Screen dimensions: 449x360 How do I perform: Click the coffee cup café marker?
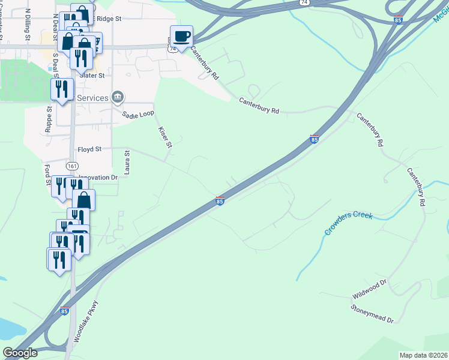tap(182, 36)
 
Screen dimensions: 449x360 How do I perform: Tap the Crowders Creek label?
tap(349, 223)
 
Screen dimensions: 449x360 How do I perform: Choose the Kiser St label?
tap(165, 137)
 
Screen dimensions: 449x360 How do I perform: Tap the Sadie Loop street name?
tap(138, 114)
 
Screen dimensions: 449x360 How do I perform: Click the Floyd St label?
tap(89, 149)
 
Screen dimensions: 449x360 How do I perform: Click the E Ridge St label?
tap(107, 19)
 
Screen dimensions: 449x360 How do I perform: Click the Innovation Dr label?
tap(99, 178)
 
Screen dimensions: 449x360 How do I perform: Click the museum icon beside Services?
tap(118, 97)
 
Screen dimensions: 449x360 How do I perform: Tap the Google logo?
tap(19, 353)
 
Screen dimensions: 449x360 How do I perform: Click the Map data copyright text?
tap(423, 355)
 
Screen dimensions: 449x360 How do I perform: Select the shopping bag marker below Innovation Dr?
tap(83, 200)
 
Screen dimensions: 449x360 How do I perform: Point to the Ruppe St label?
tap(49, 119)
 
